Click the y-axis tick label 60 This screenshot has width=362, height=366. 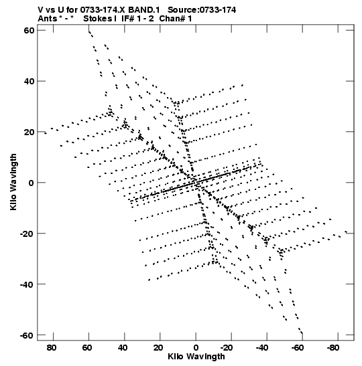29,30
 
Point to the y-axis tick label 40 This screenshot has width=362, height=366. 29,81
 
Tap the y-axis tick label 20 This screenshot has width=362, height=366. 29,132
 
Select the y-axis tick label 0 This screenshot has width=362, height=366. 32,183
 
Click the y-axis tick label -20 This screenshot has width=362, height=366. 27,234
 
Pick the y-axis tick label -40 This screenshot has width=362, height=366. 27,284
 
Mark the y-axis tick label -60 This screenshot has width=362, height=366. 27,335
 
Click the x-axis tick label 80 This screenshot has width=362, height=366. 52,347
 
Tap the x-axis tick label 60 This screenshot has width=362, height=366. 87,347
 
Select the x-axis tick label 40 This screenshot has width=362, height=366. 123,347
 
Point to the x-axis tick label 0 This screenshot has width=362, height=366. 196,347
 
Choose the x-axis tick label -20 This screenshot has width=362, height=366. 227,347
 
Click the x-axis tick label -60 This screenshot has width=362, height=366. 298,347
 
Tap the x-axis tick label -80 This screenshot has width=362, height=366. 334,347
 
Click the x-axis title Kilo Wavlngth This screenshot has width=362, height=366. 196,357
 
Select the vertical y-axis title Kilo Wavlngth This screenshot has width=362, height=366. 13,182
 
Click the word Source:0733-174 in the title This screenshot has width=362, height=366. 202,10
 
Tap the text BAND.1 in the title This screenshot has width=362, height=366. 144,10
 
